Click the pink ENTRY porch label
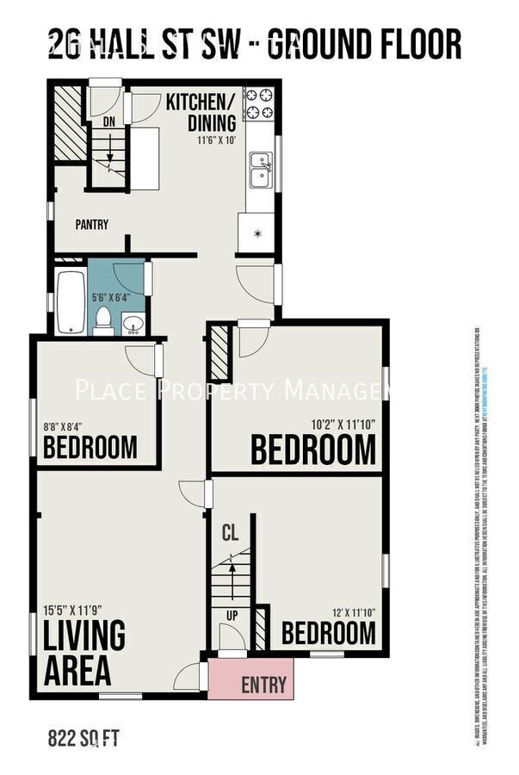coord(263,685)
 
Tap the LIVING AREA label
coord(84,651)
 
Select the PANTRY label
coord(91,225)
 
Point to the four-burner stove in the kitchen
coord(258,104)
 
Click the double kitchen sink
coord(260,170)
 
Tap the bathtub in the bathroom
coord(71,302)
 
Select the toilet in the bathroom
coord(103,319)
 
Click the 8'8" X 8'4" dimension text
coord(65,424)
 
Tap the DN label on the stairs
coord(108,123)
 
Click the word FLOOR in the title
coord(410,44)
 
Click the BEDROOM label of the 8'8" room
coord(90,448)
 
